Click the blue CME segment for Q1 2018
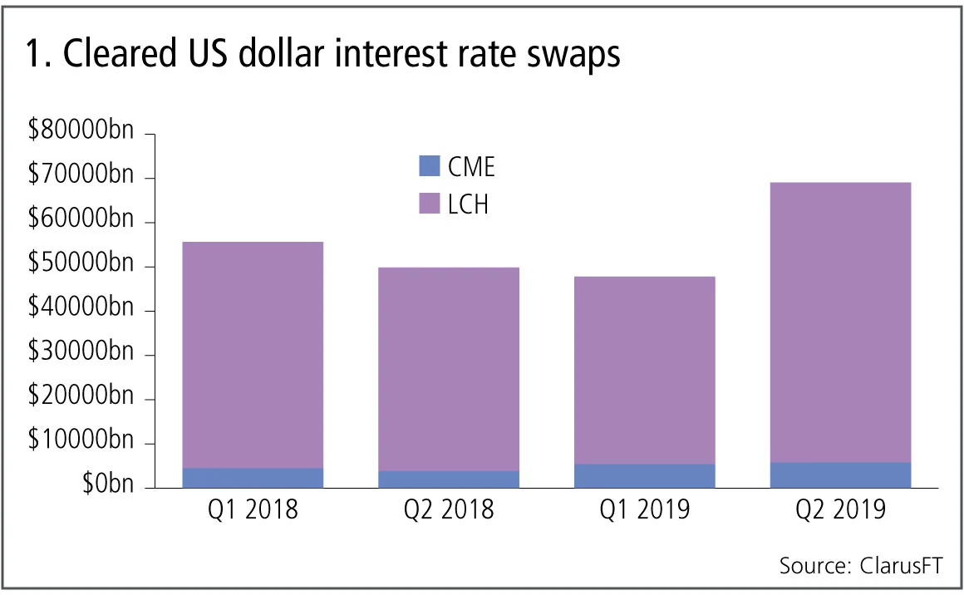click(253, 478)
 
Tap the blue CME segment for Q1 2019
click(645, 475)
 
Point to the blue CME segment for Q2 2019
click(840, 475)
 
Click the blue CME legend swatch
click(429, 166)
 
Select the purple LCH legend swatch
click(429, 204)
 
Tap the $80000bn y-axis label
click(80, 133)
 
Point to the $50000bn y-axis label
click(80, 266)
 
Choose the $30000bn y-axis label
click(80, 355)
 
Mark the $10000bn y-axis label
click(80, 443)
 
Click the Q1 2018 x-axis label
click(253, 509)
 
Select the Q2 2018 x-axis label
click(449, 509)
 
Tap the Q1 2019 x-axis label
click(645, 509)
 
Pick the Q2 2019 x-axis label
click(840, 509)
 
